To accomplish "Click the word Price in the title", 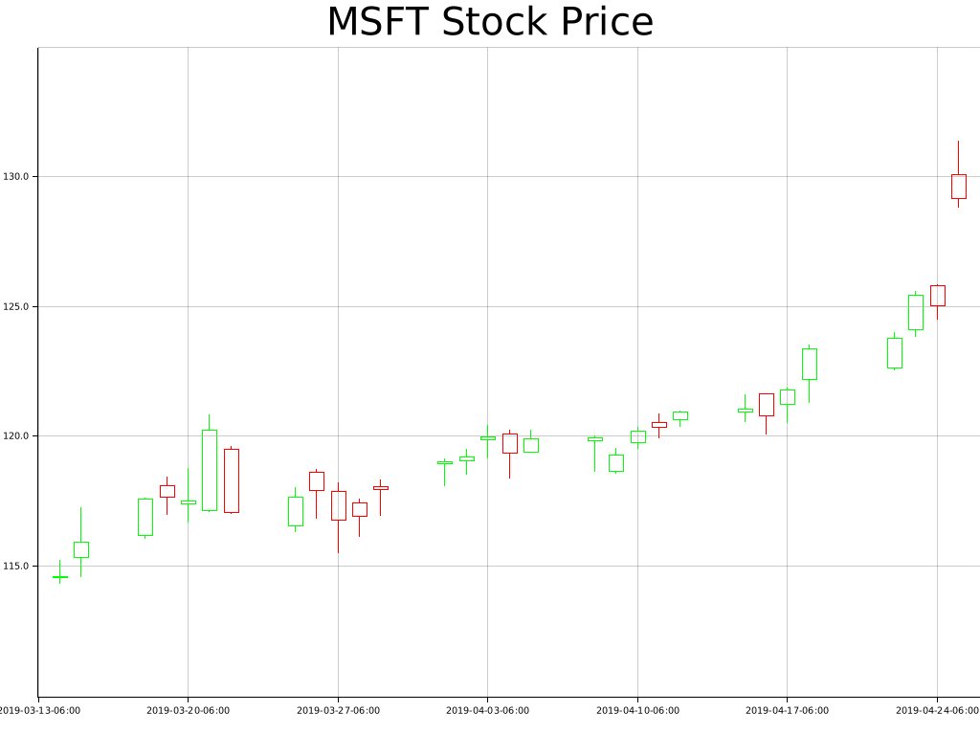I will click(607, 22).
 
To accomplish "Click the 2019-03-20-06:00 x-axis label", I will click(188, 711).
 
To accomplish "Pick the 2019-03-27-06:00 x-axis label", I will click(338, 711).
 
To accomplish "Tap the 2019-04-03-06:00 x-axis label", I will click(487, 711).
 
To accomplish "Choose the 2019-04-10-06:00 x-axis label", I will click(637, 711).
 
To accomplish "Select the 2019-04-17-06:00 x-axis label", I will click(787, 711).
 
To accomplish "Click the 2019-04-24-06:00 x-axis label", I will click(937, 711).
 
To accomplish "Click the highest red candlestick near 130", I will click(958, 186).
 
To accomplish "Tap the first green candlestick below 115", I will click(60, 576).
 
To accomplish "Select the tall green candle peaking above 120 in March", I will click(210, 470).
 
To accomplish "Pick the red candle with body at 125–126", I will click(937, 295).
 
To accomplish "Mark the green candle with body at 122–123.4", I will click(809, 364).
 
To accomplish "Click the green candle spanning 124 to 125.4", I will click(916, 312).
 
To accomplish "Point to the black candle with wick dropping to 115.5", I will click(338, 505).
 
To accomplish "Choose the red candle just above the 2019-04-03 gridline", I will click(509, 443).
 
